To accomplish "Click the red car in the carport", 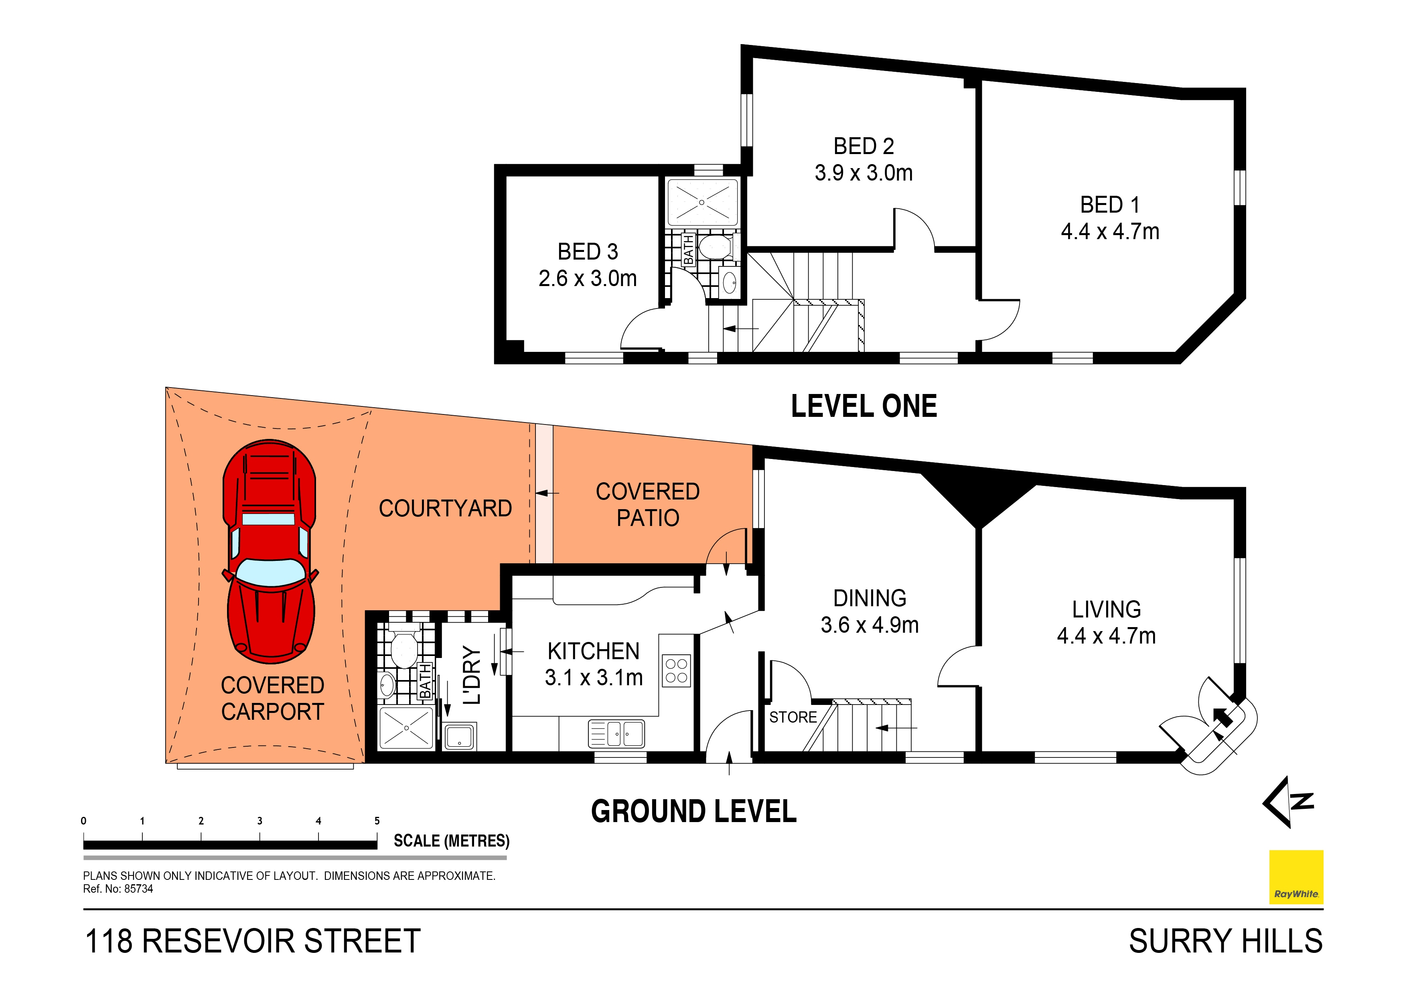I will tap(270, 552).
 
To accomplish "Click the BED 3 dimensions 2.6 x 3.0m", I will tap(587, 279).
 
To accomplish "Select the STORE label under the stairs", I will tap(793, 717).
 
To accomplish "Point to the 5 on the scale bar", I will tap(377, 821).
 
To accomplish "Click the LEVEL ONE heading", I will tap(864, 406).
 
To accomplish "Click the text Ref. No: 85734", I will tap(118, 889).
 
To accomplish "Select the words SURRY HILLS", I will tap(1226, 942).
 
